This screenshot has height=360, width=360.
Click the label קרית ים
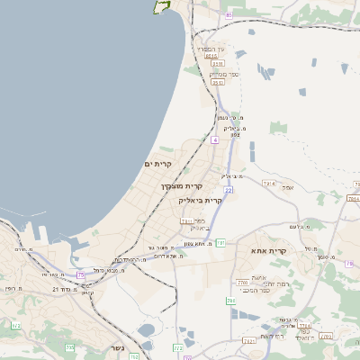tap(157, 164)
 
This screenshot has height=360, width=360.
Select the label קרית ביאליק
tap(201, 200)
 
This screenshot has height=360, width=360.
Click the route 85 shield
tap(229, 15)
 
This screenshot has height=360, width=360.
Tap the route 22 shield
tap(230, 191)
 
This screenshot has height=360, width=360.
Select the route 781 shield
tap(220, 243)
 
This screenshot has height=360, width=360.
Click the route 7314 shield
tap(268, 184)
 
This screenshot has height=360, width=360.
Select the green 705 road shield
tap(69, 347)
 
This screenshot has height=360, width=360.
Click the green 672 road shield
tap(15, 325)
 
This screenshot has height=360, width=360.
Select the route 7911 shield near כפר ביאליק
tap(186, 220)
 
